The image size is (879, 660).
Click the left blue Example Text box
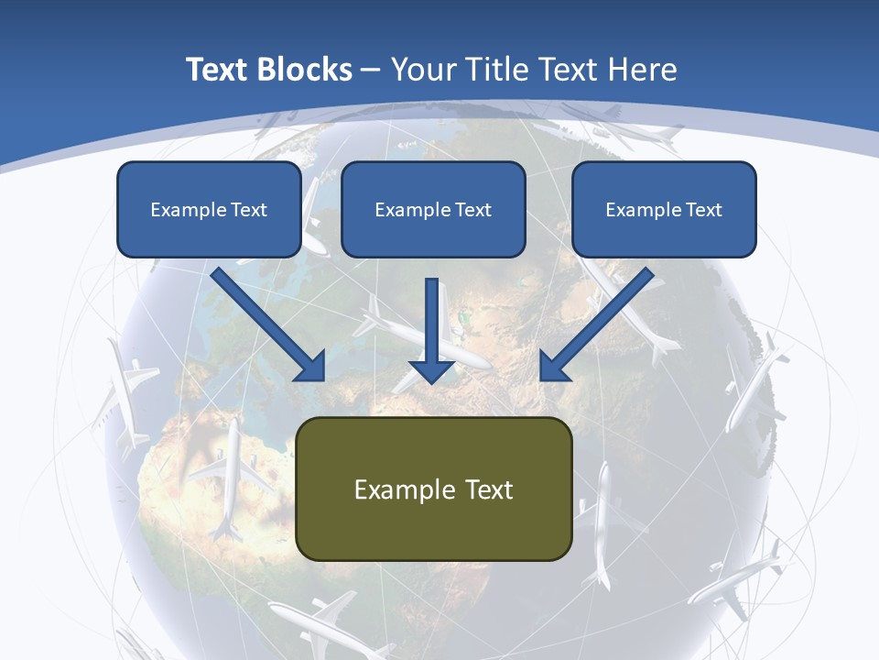pyautogui.click(x=209, y=209)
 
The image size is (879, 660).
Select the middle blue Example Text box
pyautogui.click(x=433, y=209)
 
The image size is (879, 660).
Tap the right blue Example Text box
pyautogui.click(x=664, y=209)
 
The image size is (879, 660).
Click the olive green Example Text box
pyautogui.click(x=434, y=489)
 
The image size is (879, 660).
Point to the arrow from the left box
pyautogui.click(x=270, y=325)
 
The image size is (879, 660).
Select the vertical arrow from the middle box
pyautogui.click(x=432, y=330)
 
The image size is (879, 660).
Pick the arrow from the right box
pyautogui.click(x=595, y=325)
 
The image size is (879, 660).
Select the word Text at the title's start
pyautogui.click(x=219, y=69)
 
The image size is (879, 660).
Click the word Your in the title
pyautogui.click(x=419, y=69)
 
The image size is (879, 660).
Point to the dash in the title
pyautogui.click(x=371, y=69)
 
